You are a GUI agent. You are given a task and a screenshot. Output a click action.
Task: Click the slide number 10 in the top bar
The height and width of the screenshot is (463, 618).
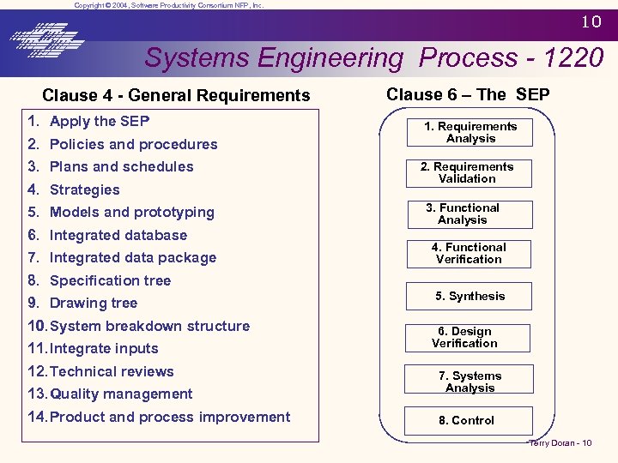[x=591, y=22]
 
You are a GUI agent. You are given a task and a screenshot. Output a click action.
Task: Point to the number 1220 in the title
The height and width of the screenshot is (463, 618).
[x=573, y=58]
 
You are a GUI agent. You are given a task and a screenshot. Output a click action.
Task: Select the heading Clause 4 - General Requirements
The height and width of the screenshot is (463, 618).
[x=176, y=96]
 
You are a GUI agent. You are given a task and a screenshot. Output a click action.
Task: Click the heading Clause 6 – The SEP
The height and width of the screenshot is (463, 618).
[x=467, y=94]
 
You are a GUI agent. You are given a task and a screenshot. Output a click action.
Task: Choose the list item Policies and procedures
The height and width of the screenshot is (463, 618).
[x=133, y=144]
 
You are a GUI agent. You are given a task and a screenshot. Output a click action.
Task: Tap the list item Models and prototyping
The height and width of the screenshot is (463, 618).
[x=132, y=212]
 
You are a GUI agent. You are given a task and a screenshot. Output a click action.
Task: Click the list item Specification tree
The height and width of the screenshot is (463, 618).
[x=110, y=280]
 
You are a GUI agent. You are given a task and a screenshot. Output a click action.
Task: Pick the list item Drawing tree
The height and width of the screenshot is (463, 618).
[x=94, y=303]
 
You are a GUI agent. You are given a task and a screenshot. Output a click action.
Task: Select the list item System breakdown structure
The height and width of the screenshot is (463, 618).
[x=150, y=326]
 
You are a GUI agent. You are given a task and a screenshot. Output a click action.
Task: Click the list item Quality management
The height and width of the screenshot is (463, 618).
[x=121, y=394]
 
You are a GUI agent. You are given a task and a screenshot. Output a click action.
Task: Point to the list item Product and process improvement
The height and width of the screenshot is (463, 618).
[x=170, y=417]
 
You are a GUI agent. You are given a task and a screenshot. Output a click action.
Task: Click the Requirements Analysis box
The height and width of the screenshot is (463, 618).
[x=470, y=132]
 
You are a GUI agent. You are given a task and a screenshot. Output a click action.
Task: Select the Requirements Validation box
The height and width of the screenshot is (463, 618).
[x=467, y=172]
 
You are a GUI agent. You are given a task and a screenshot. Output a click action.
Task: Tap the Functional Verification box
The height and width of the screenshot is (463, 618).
[x=469, y=253]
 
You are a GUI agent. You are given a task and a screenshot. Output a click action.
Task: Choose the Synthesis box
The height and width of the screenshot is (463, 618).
[x=470, y=296]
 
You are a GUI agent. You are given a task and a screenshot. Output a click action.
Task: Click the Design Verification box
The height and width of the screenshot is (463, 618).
[x=464, y=337]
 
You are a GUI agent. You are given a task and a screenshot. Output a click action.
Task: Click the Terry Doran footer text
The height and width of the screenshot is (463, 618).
[x=560, y=442]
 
